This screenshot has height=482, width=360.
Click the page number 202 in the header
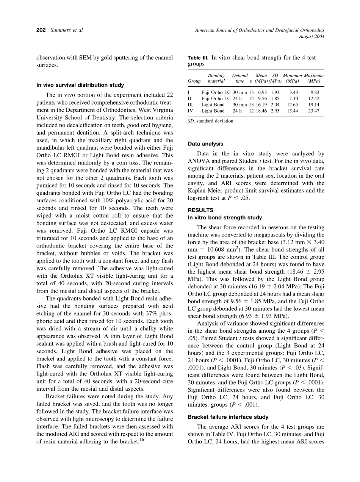click(41, 30)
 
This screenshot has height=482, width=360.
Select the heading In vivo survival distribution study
click(80, 85)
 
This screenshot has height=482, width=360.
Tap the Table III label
click(198, 58)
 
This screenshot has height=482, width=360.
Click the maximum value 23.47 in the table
click(314, 111)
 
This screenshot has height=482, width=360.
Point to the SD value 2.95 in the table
click(275, 111)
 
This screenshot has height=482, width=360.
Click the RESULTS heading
click(200, 210)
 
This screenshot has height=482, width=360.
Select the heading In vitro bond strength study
click(225, 218)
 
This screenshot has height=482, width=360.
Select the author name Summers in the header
click(61, 30)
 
